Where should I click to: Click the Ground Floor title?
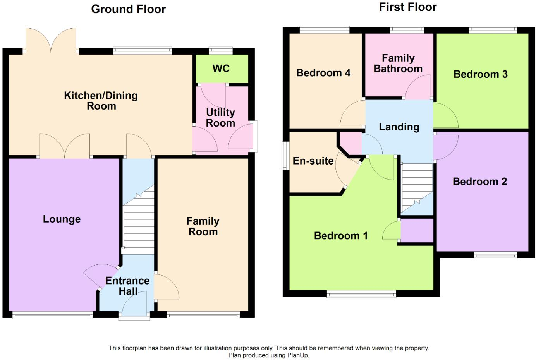[x=128, y=9]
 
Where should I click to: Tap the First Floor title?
[x=407, y=7]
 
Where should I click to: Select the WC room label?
[x=221, y=69]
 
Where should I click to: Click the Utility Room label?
[x=220, y=118]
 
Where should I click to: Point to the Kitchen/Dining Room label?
[x=101, y=101]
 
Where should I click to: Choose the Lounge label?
[x=62, y=219]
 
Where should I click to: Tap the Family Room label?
[x=203, y=226]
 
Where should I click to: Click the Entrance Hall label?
[x=127, y=286]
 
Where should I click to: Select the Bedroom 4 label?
[x=323, y=73]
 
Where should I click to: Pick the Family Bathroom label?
[x=398, y=63]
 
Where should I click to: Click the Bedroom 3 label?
[x=480, y=74]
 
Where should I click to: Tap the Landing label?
[x=399, y=127]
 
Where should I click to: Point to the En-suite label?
[x=313, y=161]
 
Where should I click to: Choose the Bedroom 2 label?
[x=479, y=182]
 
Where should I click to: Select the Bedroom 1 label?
[x=341, y=236]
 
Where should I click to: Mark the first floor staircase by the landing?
[x=417, y=186]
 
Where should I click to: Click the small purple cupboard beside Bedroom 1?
[x=417, y=231]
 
